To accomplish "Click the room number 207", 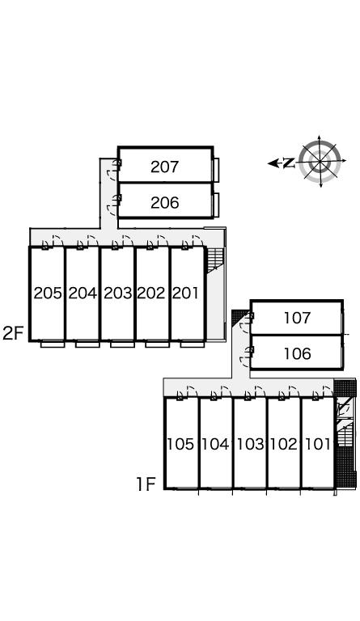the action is coord(165,167).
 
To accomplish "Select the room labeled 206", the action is coord(165,203).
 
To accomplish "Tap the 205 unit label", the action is coord(48,293).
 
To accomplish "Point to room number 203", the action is coord(117,293).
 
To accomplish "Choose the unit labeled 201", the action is coord(185,293).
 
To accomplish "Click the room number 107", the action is coord(298,318).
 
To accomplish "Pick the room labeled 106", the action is coord(298,353).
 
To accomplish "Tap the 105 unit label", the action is coord(180,444).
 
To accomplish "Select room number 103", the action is coord(250,444).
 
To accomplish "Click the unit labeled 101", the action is coord(318,444).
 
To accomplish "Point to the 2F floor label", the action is coord(14,333).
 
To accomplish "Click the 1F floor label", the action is coord(146,484).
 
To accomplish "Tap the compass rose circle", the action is coord(320,161).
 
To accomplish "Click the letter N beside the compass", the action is coord(290,163).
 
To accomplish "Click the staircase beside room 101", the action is coord(344,436).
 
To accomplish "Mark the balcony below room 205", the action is coord(53,344).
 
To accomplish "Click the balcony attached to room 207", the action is coord(216,170).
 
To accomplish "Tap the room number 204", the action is coord(83,293).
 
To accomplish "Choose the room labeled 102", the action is coord(284,444).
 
